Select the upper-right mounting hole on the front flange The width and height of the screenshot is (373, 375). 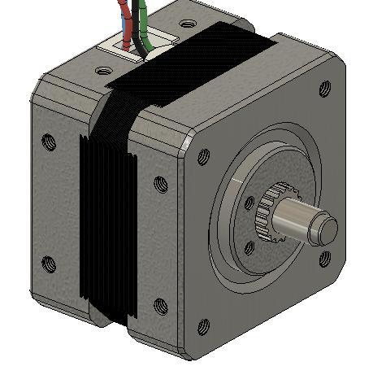pyautogui.click(x=326, y=85)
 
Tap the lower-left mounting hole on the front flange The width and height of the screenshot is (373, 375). pyautogui.click(x=203, y=327)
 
